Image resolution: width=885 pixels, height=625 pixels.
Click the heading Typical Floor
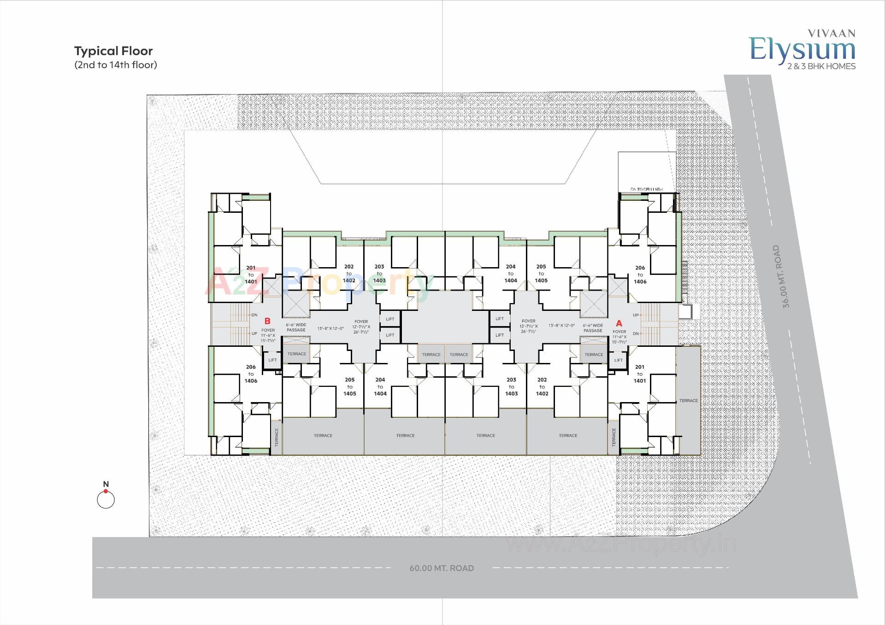113,51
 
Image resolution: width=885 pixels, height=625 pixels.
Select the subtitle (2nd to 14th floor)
116,65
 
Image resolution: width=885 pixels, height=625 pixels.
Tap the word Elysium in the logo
802,50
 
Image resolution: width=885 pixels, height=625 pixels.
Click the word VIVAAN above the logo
832,33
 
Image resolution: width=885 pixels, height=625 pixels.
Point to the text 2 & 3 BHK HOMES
821,66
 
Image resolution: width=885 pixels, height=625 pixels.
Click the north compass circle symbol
106,500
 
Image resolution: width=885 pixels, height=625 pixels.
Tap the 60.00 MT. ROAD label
442,568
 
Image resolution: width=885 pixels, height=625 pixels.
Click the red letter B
267,321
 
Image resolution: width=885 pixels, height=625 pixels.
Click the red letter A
619,323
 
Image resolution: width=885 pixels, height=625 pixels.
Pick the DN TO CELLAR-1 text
646,189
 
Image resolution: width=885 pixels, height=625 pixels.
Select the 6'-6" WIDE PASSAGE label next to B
296,327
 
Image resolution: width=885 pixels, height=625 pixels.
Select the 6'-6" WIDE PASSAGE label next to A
593,328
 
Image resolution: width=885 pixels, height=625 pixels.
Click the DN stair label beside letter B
254,315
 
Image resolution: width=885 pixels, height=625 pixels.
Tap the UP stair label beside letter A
636,315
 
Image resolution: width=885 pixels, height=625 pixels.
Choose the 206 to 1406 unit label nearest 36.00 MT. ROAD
640,275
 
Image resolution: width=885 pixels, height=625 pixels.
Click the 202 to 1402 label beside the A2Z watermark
349,274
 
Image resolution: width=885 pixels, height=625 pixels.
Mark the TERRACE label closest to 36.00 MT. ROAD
688,401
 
